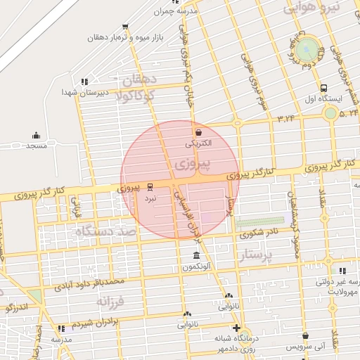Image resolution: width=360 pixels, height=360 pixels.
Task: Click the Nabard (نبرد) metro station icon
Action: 150,187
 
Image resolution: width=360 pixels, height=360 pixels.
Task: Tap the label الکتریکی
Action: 202,143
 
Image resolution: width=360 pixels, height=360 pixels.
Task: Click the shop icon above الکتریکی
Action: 198,131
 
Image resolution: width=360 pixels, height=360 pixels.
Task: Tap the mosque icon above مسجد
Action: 36,135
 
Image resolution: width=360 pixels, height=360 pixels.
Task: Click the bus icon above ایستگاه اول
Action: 323,89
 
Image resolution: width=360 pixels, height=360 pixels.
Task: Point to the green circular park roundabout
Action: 306,51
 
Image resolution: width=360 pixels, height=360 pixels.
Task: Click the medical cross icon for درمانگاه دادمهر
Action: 236,328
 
